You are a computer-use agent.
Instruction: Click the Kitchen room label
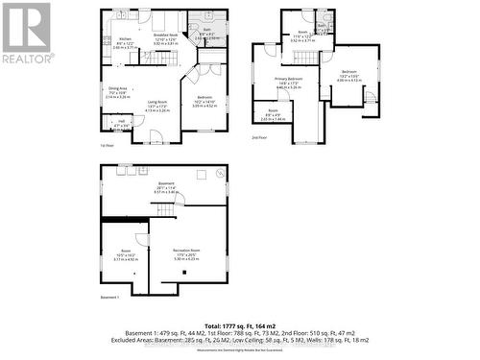coord(125,39)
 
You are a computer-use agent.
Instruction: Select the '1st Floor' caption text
coord(108,146)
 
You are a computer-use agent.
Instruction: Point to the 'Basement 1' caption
coord(114,297)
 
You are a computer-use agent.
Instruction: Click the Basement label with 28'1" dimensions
coord(166,188)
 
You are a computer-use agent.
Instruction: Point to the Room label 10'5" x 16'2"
coord(126,255)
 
